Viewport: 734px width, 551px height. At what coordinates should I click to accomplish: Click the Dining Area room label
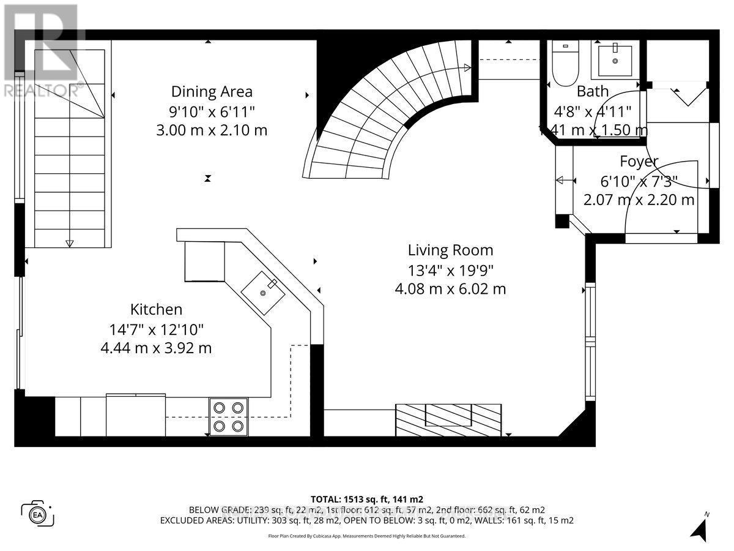(x=212, y=92)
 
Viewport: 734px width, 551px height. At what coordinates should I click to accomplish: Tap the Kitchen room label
(x=156, y=310)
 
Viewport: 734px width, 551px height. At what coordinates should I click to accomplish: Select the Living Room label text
(x=450, y=250)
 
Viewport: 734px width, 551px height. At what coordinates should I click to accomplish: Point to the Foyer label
(x=639, y=162)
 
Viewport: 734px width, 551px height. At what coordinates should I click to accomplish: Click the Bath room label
(x=593, y=92)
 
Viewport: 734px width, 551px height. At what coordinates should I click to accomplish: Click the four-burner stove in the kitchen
(x=229, y=417)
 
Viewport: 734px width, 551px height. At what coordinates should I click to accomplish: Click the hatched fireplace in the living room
(x=448, y=419)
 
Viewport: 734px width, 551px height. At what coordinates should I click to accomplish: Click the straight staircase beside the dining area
(x=69, y=153)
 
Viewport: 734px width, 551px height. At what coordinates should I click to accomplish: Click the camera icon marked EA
(x=38, y=513)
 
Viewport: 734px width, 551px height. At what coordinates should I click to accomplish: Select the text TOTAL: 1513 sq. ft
(x=366, y=499)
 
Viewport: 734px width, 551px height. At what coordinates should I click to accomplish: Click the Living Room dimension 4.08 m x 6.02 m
(x=450, y=289)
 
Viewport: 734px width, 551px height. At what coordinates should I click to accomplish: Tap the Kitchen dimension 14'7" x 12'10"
(x=156, y=329)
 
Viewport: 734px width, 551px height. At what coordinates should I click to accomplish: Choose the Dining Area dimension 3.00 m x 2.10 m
(x=212, y=130)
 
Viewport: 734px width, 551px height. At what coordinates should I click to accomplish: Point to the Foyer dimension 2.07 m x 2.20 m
(x=639, y=200)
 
